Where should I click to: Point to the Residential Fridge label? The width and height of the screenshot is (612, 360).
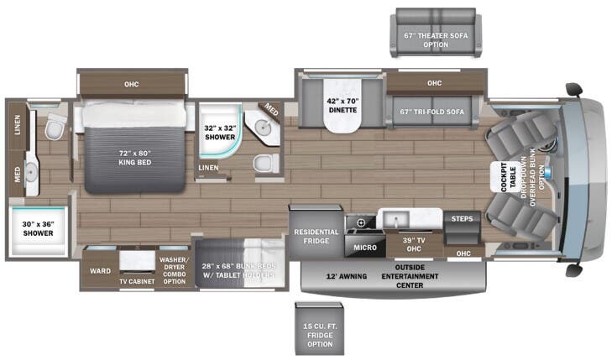tap(316, 236)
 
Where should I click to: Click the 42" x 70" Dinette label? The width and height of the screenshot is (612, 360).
tap(342, 106)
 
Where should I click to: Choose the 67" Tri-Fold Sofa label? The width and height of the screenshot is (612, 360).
tap(433, 112)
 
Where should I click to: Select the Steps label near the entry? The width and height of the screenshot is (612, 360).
tap(461, 219)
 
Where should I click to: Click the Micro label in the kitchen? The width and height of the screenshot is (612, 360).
tap(364, 248)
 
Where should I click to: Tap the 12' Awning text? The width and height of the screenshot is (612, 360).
tap(347, 275)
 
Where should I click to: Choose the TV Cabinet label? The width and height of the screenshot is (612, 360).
tap(135, 280)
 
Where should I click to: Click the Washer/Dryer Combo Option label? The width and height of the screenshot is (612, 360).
tap(173, 269)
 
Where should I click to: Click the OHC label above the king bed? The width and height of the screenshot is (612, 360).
tap(132, 84)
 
